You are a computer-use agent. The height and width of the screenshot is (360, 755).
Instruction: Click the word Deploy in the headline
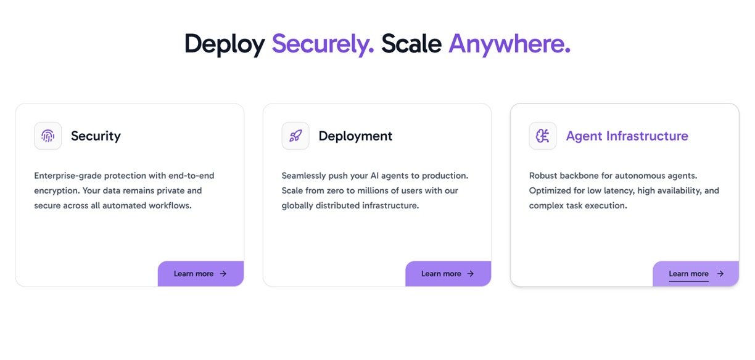pyautogui.click(x=225, y=44)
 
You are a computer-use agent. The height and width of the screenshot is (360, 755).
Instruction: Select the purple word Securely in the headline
pyautogui.click(x=323, y=44)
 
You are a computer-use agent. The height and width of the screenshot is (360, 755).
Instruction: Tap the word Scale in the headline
pyautogui.click(x=411, y=44)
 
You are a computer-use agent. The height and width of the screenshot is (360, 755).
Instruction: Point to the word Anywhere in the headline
pyautogui.click(x=510, y=44)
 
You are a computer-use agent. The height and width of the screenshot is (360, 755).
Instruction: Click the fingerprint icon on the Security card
pyautogui.click(x=48, y=136)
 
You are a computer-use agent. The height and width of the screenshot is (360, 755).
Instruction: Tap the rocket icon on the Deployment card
pyautogui.click(x=295, y=136)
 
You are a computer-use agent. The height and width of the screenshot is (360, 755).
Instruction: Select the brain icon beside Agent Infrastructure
pyautogui.click(x=543, y=136)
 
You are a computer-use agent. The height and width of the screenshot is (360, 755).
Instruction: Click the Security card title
pyautogui.click(x=96, y=136)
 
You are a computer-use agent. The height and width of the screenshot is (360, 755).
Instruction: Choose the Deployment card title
pyautogui.click(x=355, y=136)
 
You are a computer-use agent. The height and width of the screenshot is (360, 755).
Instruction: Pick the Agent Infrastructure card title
pyautogui.click(x=627, y=136)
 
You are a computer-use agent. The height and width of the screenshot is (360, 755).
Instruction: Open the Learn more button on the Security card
pyautogui.click(x=201, y=274)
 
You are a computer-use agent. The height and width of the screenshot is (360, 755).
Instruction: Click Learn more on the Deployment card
pyautogui.click(x=448, y=274)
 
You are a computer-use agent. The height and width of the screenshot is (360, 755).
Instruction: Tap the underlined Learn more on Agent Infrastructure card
pyautogui.click(x=688, y=274)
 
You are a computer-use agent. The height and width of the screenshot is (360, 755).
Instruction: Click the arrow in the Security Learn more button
pyautogui.click(x=223, y=274)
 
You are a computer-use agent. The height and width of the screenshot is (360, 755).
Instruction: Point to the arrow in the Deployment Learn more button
pyautogui.click(x=471, y=274)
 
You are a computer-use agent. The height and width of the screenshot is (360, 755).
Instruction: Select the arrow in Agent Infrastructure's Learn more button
pyautogui.click(x=720, y=274)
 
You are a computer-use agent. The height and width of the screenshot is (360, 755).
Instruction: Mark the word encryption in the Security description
pyautogui.click(x=57, y=190)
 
